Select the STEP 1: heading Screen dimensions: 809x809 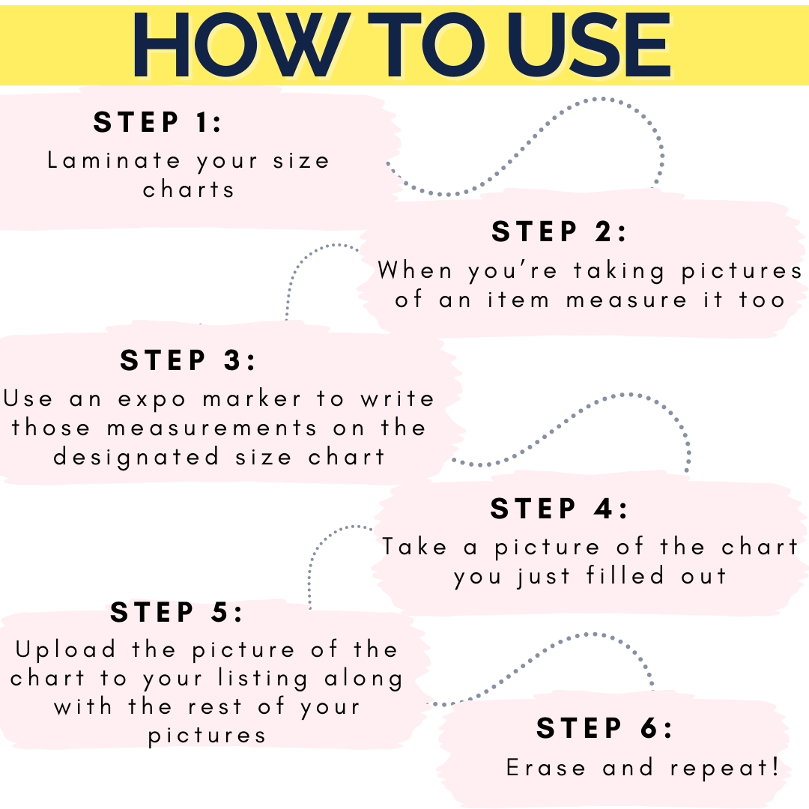tap(157, 122)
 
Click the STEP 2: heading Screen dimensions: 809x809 tap(559, 231)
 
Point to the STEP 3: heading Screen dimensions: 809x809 tap(188, 360)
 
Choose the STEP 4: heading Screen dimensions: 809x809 tap(560, 508)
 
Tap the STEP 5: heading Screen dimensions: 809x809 tap(177, 612)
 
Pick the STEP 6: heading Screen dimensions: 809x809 tap(605, 728)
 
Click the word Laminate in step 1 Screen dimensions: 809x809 tap(114, 160)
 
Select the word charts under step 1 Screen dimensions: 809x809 tap(188, 190)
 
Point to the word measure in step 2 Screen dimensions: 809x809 tap(626, 300)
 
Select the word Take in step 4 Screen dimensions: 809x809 tap(414, 546)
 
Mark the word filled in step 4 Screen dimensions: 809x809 tap(625, 575)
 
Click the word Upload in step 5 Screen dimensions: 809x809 tap(65, 650)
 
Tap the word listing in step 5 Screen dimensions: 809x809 tap(263, 679)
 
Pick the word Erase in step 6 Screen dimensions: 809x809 tap(546, 768)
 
